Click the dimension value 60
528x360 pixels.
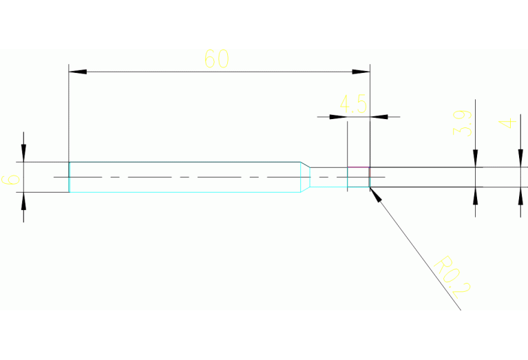click(x=216, y=59)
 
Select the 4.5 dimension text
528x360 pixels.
click(x=353, y=105)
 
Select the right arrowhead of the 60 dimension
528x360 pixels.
click(x=362, y=72)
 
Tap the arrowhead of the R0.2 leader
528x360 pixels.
click(x=375, y=193)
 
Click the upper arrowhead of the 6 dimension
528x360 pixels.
click(x=23, y=153)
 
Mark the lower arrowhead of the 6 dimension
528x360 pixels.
click(x=23, y=201)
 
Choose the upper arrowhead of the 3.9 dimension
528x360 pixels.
click(x=475, y=159)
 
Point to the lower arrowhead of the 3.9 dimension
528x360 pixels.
click(x=475, y=195)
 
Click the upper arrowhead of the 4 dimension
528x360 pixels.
click(x=520, y=159)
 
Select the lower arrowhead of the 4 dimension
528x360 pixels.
click(x=520, y=195)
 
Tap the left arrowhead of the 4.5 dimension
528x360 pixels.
click(x=339, y=117)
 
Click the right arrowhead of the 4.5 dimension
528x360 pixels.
click(x=379, y=117)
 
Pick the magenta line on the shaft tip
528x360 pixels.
click(x=358, y=167)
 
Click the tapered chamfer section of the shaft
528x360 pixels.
click(x=305, y=177)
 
